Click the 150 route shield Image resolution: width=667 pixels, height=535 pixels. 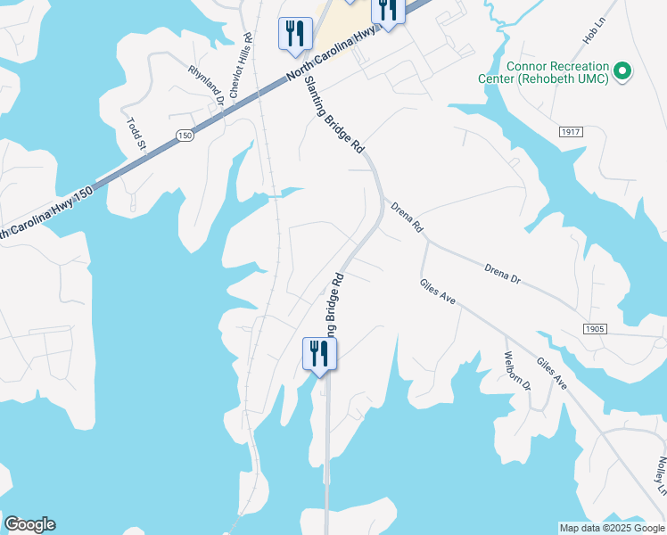[185, 136]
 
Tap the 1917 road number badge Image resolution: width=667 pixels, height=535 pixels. [572, 132]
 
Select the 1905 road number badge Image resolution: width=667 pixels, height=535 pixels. [596, 329]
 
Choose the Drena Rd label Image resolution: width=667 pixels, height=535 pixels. [407, 218]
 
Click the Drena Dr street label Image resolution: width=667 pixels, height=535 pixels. [503, 273]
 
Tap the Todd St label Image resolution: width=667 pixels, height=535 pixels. [135, 134]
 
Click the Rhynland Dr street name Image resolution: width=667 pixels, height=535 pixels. [205, 86]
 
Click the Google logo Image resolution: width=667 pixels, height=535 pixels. [29, 524]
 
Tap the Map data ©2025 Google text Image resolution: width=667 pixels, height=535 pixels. [612, 528]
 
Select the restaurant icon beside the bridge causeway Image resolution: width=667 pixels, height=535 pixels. [318, 355]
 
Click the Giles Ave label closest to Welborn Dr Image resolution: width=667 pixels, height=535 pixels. [551, 373]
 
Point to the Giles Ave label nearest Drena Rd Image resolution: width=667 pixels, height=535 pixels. [438, 292]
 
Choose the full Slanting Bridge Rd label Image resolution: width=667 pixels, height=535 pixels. [334, 114]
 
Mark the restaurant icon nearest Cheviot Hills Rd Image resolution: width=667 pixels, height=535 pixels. [293, 34]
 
